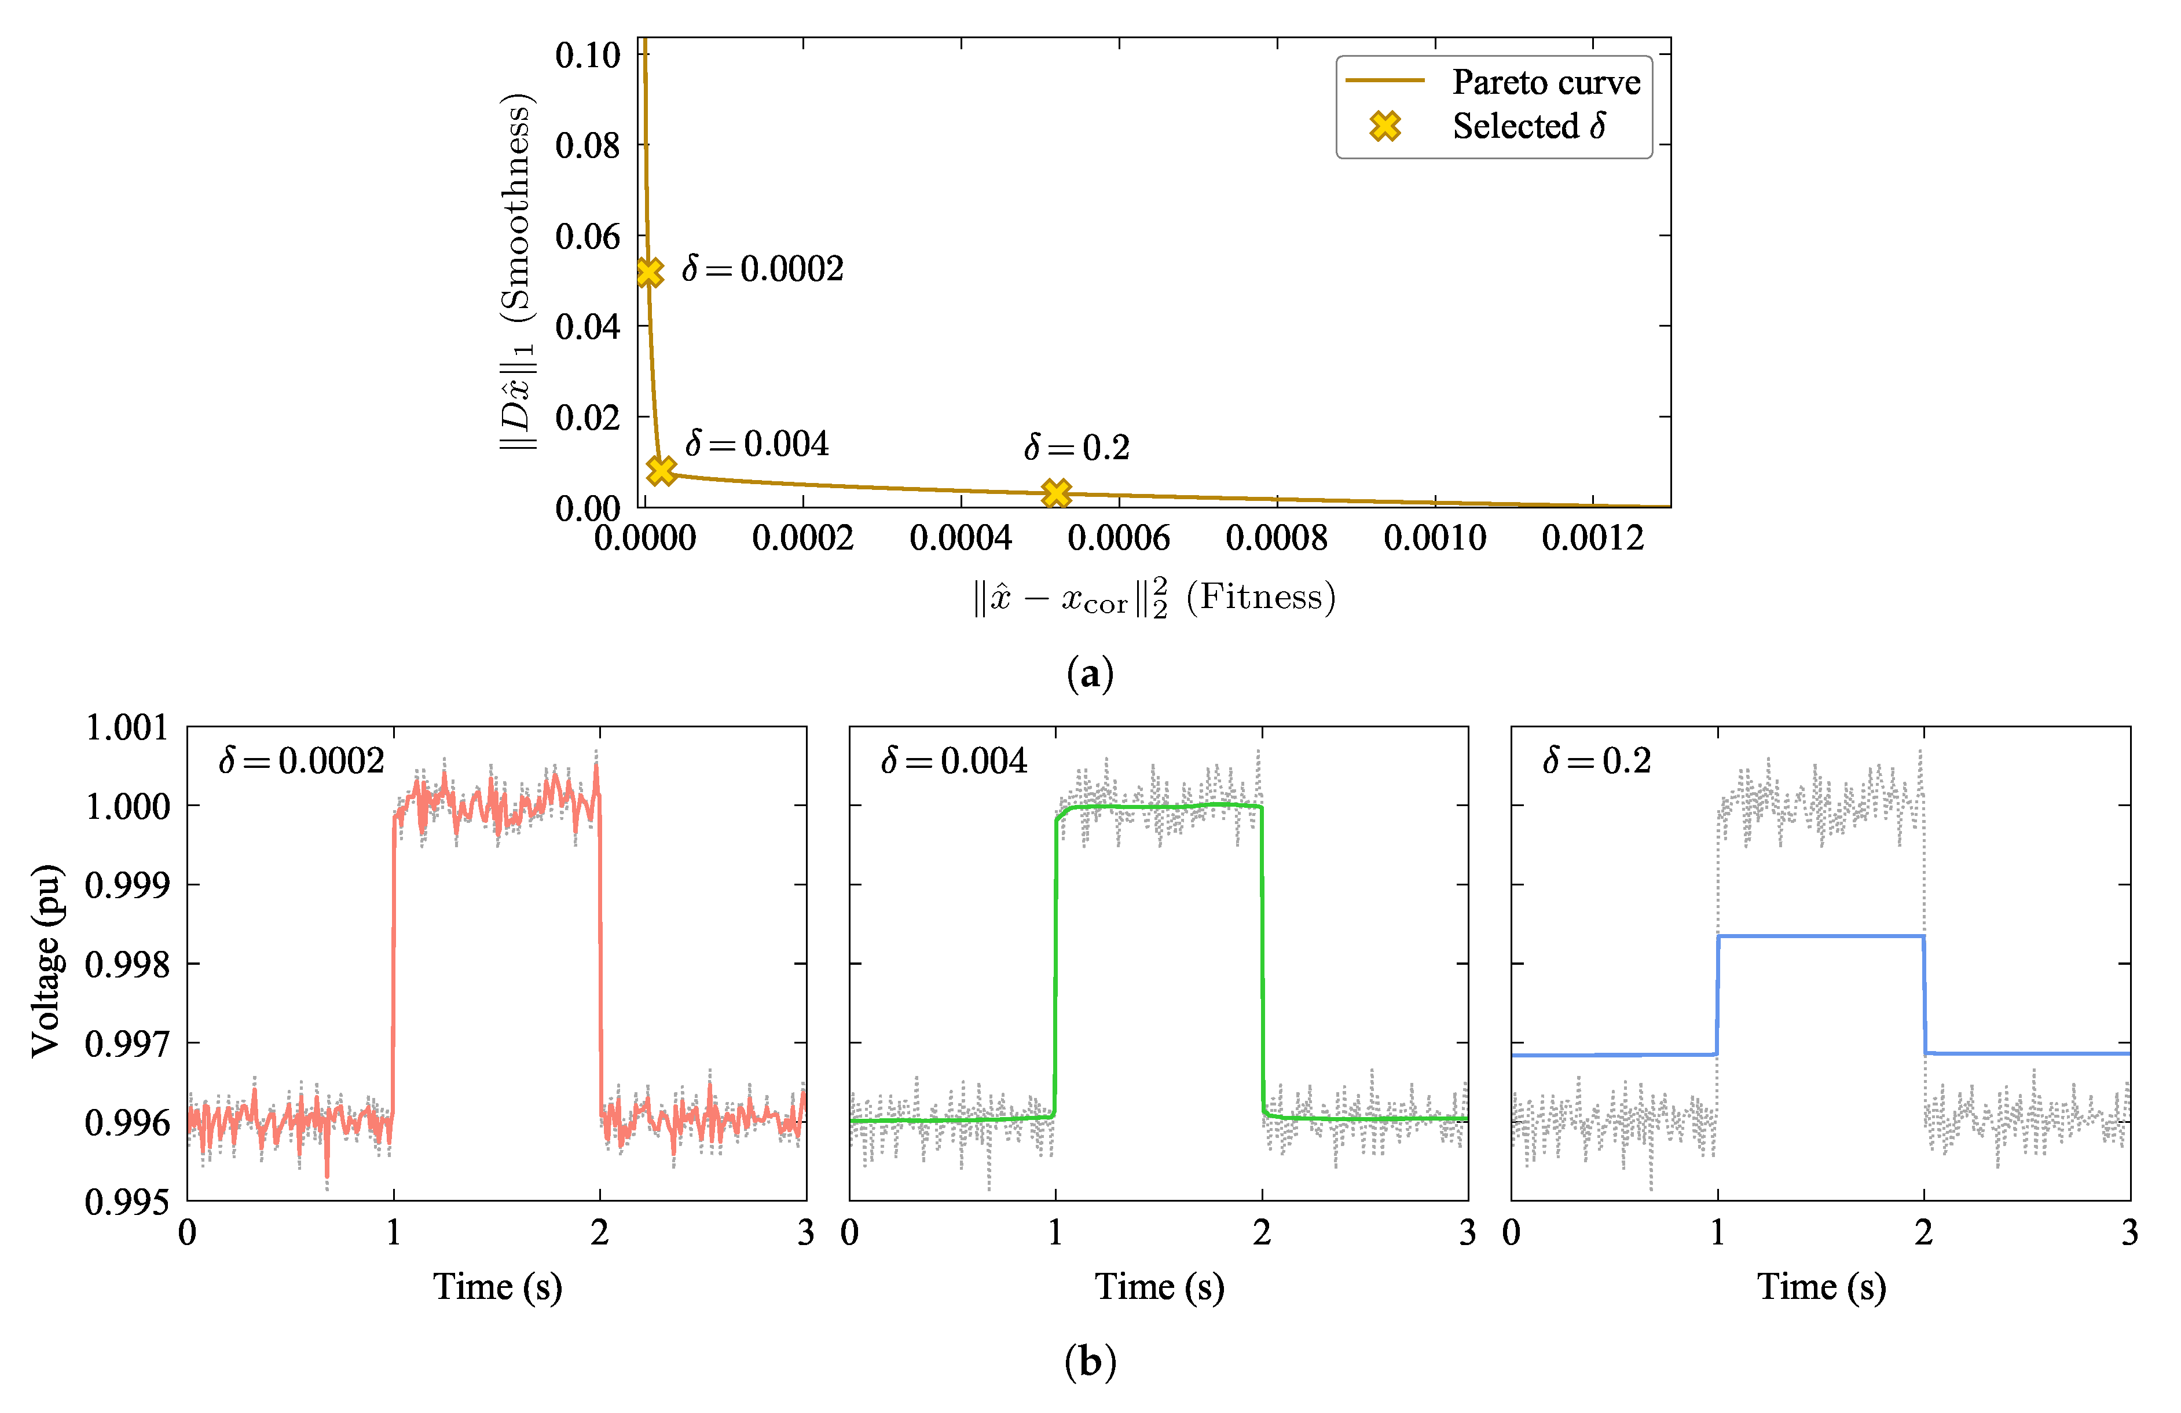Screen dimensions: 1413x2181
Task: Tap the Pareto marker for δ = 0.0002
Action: point(649,272)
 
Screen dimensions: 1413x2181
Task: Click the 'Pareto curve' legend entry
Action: point(1545,82)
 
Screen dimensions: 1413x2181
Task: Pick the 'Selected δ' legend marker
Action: point(1385,126)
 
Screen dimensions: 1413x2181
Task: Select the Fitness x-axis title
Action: point(1154,598)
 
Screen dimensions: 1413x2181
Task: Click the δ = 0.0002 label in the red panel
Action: point(302,760)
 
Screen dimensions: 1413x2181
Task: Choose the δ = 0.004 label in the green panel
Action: point(954,760)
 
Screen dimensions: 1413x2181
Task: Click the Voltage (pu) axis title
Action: point(46,961)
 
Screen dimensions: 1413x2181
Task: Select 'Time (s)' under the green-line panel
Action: point(1159,1287)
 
